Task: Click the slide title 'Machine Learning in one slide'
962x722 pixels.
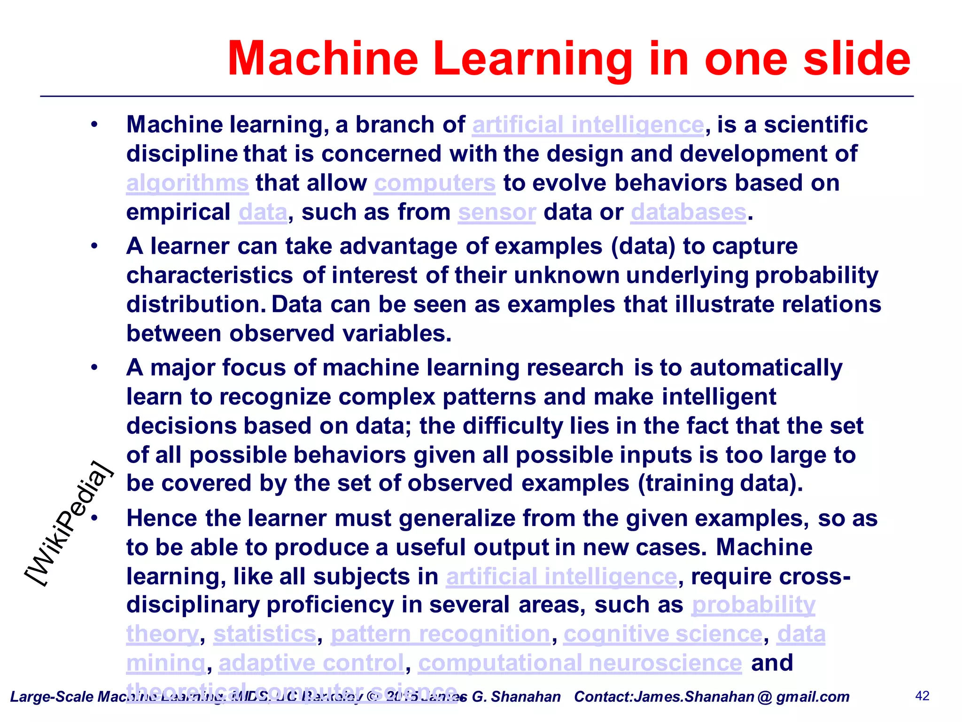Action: coord(568,58)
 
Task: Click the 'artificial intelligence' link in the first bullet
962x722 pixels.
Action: coord(588,125)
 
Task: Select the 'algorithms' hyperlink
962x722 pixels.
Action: coord(187,183)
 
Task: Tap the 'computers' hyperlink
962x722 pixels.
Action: coord(434,183)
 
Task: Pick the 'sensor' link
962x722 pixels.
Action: coord(497,212)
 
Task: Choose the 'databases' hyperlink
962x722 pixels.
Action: coord(688,212)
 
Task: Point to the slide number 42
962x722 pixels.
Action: coord(923,696)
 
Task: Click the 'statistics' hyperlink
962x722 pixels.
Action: coord(265,634)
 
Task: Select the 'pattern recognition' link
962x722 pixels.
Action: coord(440,634)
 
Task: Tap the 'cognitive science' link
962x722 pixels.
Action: coord(663,634)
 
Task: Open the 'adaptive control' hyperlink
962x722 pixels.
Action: coord(311,663)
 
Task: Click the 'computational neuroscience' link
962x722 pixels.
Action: coord(580,663)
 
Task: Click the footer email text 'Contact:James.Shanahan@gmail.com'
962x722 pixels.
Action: coord(712,697)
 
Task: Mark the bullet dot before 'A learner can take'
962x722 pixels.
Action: coord(94,246)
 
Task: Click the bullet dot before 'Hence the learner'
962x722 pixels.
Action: coord(94,518)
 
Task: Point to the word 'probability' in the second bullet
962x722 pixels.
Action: coord(816,275)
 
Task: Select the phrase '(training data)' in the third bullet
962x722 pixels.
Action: coord(720,484)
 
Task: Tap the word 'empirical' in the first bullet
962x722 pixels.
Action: coord(178,212)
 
